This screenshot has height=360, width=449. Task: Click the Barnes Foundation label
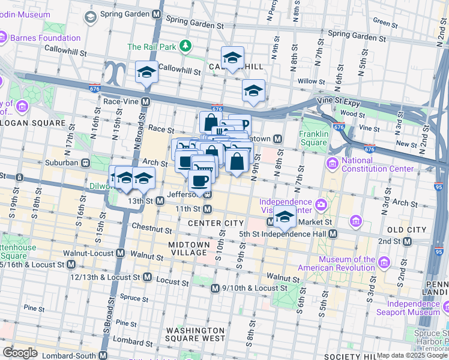[x=45, y=38]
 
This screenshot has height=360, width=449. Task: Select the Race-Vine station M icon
[x=145, y=102]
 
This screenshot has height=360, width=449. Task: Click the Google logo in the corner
[x=20, y=353]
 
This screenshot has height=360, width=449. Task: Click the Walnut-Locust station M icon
[x=121, y=253]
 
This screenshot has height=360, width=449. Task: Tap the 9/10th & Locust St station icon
[x=215, y=289]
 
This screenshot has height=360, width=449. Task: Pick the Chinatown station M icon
[x=278, y=139]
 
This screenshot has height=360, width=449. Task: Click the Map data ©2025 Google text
[x=412, y=355]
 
